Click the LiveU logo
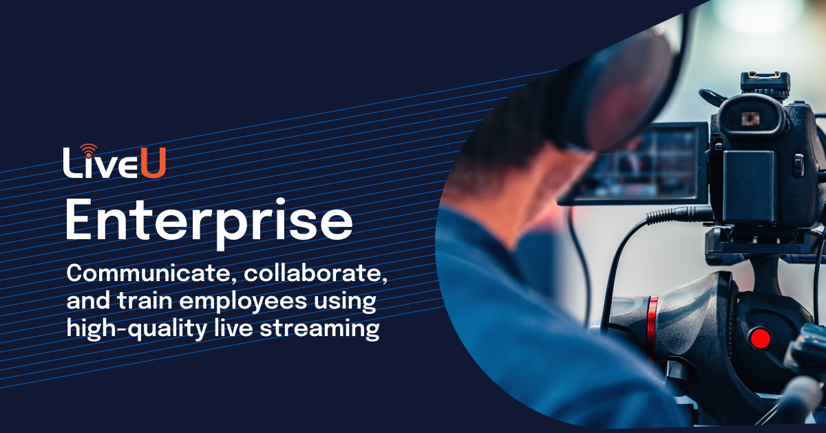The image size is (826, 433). coord(114,163)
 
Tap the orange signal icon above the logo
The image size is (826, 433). coord(88,148)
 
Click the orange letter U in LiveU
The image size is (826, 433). coord(154,166)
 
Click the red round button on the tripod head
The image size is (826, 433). coord(760,338)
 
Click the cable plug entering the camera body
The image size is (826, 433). coord(678,214)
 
